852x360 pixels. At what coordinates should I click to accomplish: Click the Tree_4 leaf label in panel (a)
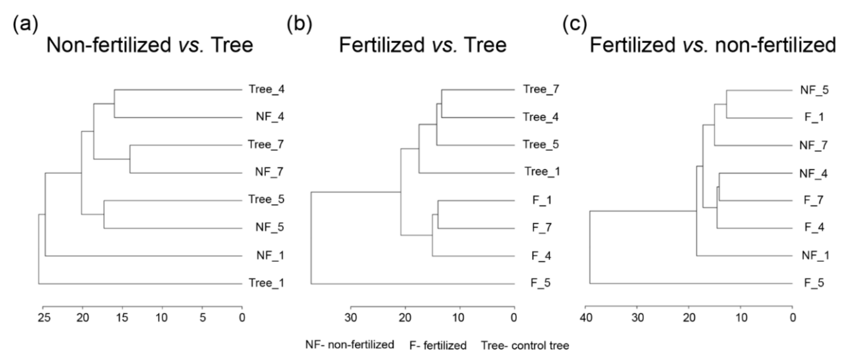coord(266,89)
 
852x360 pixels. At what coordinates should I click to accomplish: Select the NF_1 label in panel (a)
coord(270,255)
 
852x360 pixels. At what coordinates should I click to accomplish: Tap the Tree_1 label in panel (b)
coord(542,172)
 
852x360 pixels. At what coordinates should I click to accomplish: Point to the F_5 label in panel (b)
coord(540,283)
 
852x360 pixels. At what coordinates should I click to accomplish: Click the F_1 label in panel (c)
coord(814,117)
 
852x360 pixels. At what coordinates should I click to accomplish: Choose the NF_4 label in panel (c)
coord(813,173)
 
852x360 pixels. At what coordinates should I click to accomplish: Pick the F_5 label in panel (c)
coord(814,283)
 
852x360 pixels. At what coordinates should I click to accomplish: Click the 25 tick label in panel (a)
coord(44,318)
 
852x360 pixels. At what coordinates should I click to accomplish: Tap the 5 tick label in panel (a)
coord(202,318)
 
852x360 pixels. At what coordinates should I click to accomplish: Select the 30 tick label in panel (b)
coord(351,318)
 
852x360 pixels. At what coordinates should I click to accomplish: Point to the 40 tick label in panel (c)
coord(586,318)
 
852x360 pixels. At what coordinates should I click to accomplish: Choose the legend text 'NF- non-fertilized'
coord(350,345)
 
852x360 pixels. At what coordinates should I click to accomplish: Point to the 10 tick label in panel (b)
coord(458,318)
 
